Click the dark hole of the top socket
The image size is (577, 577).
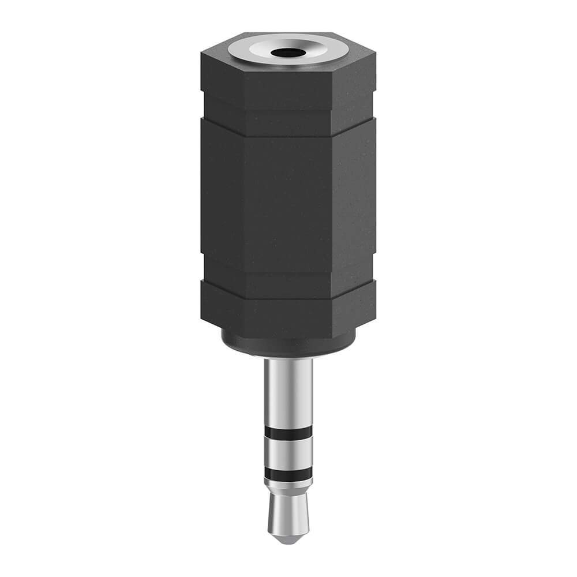[288, 53]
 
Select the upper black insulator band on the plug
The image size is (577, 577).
[288, 432]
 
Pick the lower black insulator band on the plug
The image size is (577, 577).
[288, 474]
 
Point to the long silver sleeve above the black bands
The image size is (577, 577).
[288, 392]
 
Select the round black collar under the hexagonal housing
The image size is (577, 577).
[288, 343]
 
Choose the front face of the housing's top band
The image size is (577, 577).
[288, 87]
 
